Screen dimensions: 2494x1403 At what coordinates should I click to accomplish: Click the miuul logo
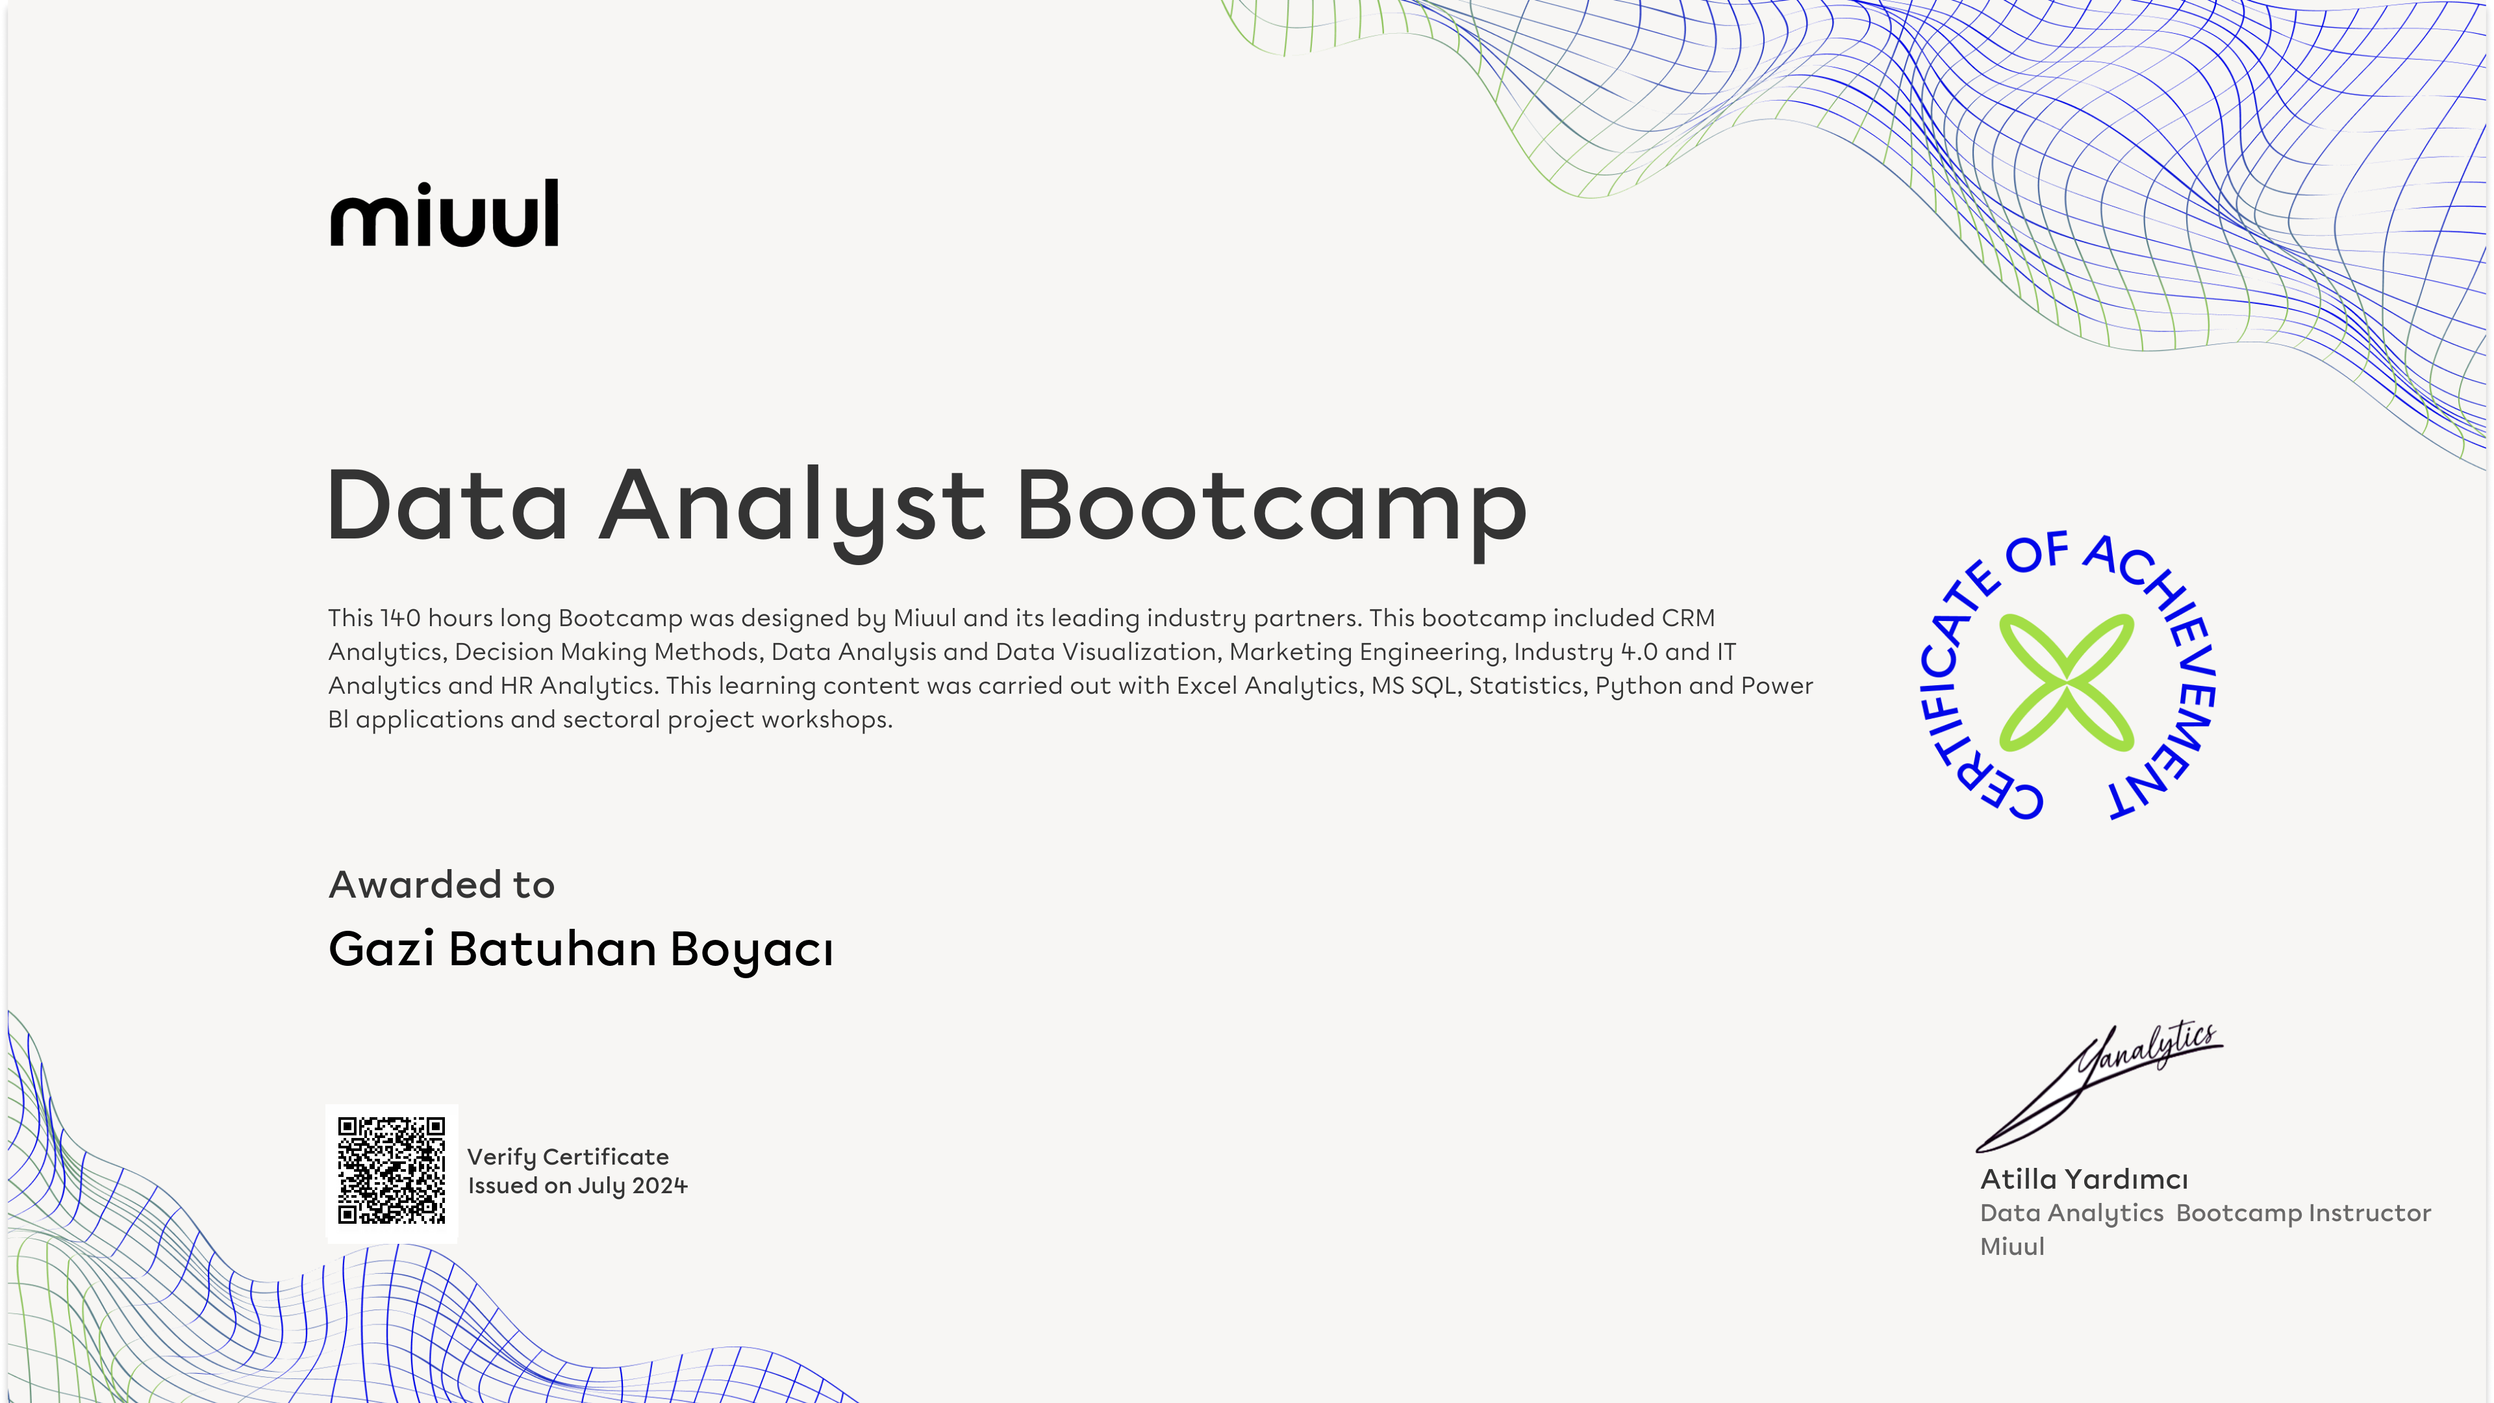[x=444, y=213]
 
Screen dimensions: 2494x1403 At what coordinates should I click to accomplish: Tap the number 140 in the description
[x=400, y=618]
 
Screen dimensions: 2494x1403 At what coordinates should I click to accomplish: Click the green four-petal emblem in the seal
[x=2066, y=683]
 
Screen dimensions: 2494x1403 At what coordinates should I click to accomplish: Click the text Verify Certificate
[x=568, y=1157]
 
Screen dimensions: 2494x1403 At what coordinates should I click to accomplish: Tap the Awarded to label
[x=442, y=885]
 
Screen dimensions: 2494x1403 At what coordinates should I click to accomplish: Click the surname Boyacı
[x=751, y=950]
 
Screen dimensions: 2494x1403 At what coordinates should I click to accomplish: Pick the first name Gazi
[x=381, y=949]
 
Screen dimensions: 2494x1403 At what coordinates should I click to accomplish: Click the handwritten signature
[x=2099, y=1087]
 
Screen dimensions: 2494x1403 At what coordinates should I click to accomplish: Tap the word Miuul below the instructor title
[x=2012, y=1247]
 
